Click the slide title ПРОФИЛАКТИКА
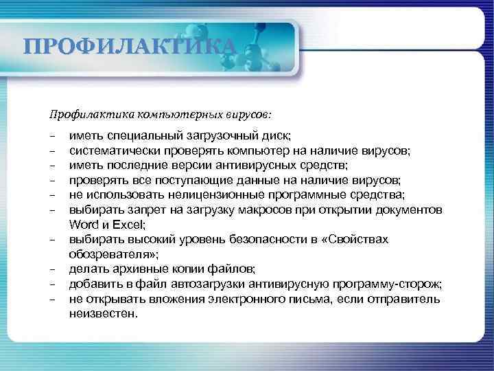click(130, 47)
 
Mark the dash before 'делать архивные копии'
click(52, 269)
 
